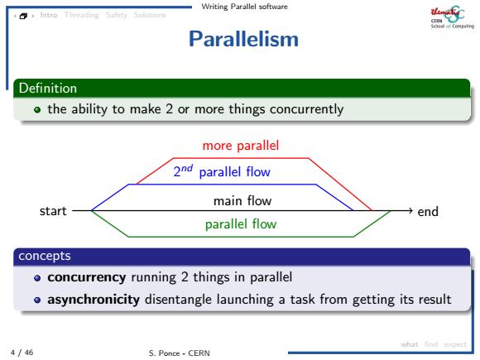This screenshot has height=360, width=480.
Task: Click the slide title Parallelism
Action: coord(243,39)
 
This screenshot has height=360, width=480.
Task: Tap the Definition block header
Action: coord(242,89)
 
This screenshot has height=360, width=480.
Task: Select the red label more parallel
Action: coord(241,146)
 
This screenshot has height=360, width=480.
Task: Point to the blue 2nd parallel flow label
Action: coord(222,171)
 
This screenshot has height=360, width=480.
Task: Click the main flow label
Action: coord(242,201)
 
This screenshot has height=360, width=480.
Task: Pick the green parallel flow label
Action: coord(241,224)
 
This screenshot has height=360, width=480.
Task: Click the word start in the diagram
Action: coord(53,211)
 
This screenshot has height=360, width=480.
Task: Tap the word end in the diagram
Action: coord(428,212)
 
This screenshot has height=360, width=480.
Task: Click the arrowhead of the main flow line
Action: coord(410,210)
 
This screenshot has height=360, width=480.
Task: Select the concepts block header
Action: coord(242,257)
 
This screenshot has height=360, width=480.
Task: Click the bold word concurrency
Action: coord(87,277)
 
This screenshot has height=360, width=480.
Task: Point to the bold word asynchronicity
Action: coord(94,300)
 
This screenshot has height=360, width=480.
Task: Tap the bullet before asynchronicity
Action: coord(37,300)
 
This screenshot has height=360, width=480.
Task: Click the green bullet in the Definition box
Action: coord(37,109)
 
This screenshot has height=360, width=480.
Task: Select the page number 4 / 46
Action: coord(22,353)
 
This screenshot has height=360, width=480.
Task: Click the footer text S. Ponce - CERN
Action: coord(180,353)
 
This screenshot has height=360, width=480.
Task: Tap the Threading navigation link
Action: coord(82,15)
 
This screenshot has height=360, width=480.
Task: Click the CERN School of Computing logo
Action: coord(453,17)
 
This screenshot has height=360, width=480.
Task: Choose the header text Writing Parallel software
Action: coord(245,7)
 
